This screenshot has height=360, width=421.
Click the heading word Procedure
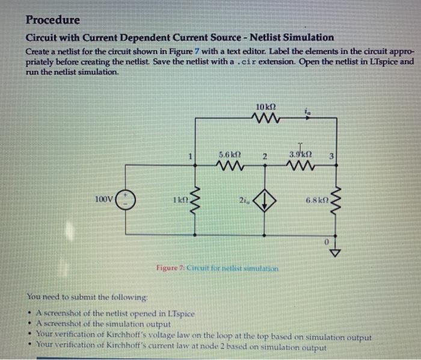tap(52, 19)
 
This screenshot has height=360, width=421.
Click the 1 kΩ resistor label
tap(180, 199)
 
